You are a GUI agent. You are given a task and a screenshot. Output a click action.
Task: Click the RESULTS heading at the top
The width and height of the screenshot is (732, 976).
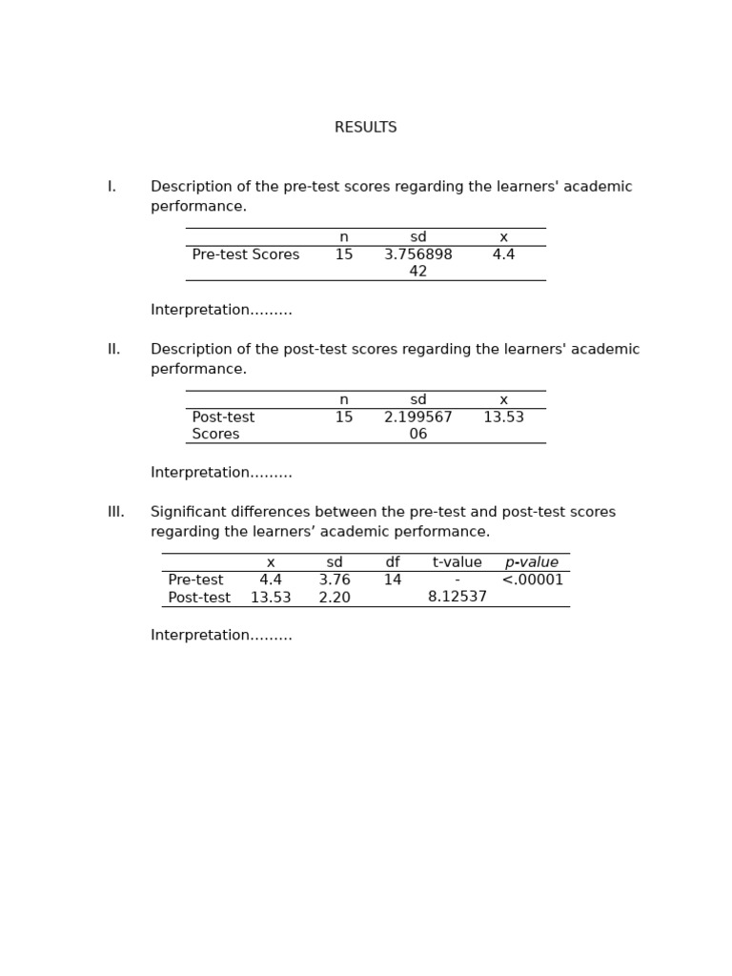[365, 128]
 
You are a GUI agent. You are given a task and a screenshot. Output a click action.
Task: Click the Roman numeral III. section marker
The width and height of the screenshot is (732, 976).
[115, 513]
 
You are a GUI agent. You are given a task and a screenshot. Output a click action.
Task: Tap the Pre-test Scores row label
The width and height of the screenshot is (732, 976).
[245, 255]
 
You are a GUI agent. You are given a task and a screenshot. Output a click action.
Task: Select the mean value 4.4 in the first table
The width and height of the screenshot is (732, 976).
[503, 255]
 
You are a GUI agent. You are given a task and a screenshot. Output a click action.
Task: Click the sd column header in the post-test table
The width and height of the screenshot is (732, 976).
[417, 400]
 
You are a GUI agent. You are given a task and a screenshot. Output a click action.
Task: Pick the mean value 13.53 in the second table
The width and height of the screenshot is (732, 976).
[503, 417]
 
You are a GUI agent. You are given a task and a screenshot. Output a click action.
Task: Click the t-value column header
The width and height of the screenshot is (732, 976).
[457, 563]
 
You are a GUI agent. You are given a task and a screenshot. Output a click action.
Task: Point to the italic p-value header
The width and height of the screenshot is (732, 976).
[531, 563]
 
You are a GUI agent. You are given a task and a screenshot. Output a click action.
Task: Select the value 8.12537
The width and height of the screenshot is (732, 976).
[457, 598]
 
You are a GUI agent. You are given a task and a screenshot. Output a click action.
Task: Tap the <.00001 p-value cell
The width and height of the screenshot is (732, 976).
[532, 580]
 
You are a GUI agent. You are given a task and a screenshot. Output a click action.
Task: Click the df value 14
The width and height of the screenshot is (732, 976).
[392, 580]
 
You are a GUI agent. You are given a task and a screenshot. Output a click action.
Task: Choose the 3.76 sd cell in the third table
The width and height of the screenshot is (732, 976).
[334, 580]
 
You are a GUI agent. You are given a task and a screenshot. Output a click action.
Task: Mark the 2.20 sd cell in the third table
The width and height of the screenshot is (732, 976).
[334, 599]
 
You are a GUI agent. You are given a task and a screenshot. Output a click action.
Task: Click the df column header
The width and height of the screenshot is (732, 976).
[392, 563]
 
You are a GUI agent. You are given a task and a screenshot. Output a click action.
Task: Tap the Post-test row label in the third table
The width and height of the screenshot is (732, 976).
[198, 599]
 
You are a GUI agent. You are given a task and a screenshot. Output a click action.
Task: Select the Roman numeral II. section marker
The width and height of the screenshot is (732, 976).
[113, 350]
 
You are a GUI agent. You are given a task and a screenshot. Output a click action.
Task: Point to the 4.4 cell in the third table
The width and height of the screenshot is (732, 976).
[270, 580]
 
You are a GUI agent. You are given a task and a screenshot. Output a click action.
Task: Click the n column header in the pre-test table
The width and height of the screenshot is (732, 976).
[343, 237]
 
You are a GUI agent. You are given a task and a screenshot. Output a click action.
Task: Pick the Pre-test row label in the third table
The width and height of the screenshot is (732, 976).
[195, 580]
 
